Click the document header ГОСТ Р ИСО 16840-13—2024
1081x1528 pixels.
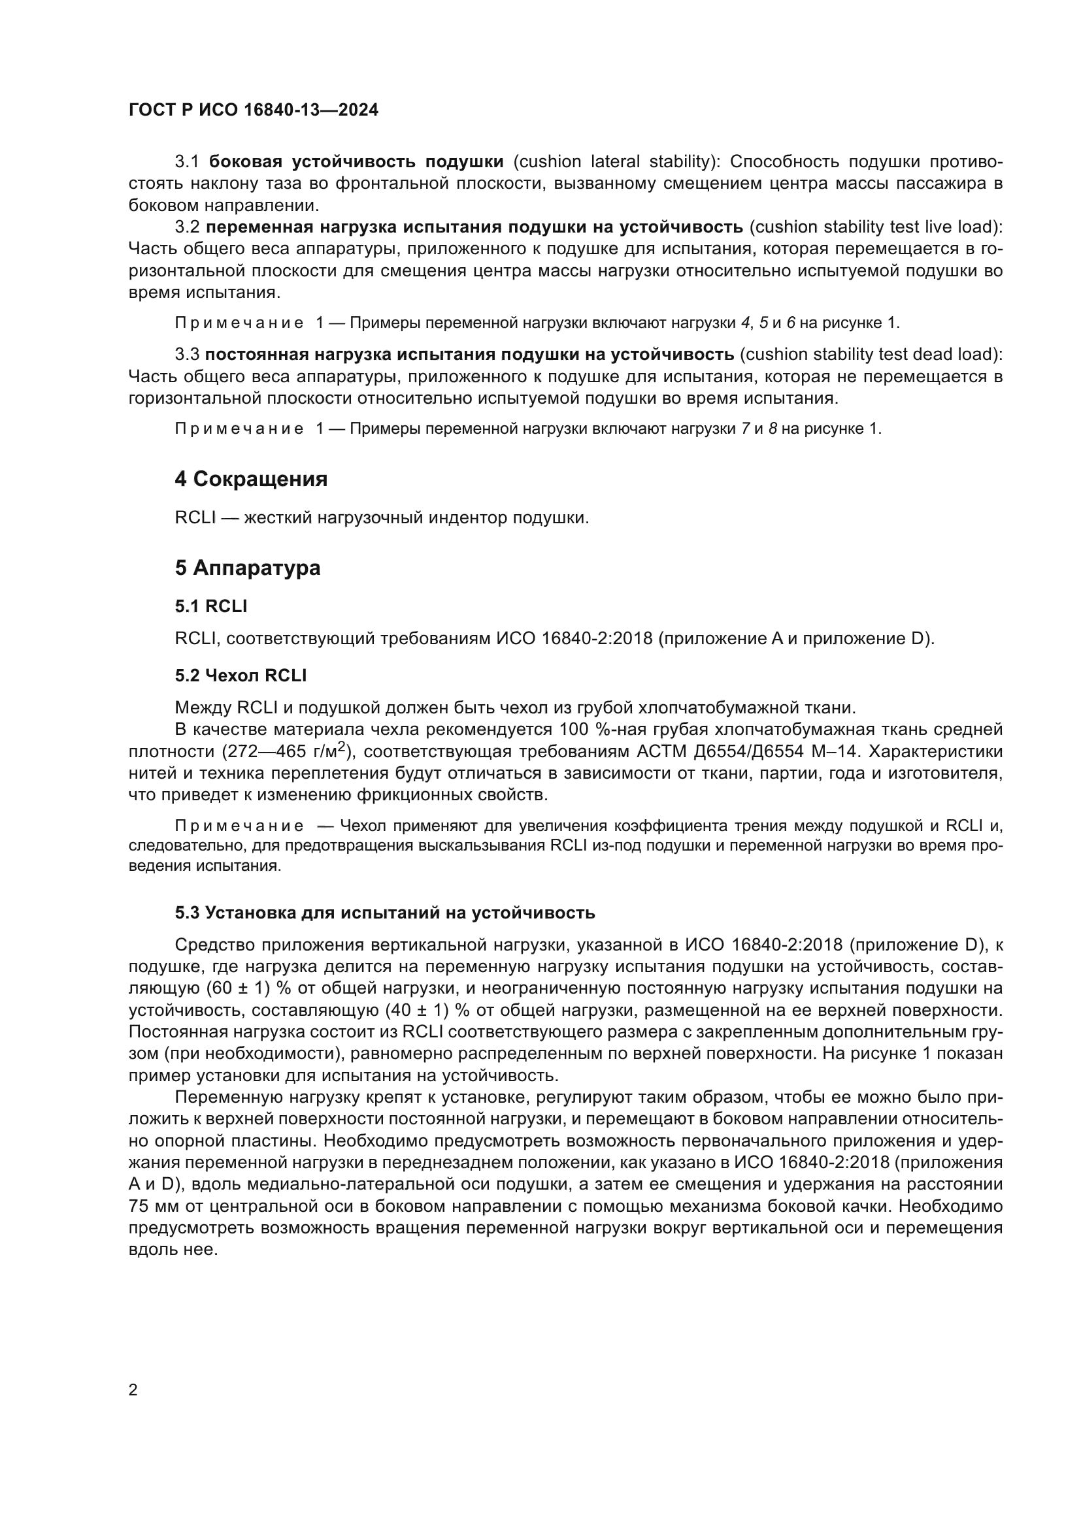tap(253, 110)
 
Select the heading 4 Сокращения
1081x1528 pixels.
tap(251, 479)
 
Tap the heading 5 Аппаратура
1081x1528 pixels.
tap(248, 568)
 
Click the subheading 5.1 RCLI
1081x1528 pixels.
tap(211, 606)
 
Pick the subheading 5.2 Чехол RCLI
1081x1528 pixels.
tap(241, 675)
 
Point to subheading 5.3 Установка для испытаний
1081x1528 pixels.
tap(385, 913)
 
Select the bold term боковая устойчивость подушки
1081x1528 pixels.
tap(356, 162)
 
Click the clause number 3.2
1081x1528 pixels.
tap(187, 227)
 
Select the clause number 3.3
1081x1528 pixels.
tap(187, 354)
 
